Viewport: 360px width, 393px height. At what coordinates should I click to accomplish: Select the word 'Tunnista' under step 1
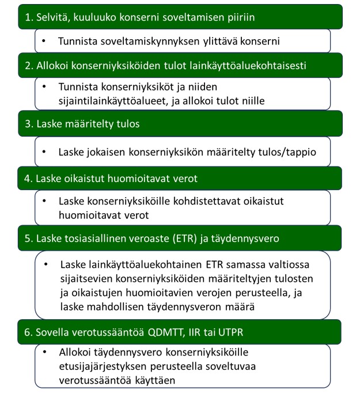tap(77, 41)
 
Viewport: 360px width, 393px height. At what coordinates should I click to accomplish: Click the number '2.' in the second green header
tap(29, 66)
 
